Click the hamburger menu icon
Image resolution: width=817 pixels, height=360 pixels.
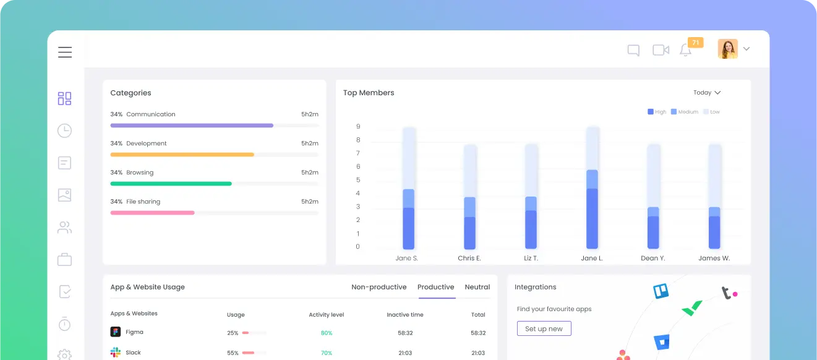[x=65, y=52]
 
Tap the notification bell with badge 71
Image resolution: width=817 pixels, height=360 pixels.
[x=685, y=50]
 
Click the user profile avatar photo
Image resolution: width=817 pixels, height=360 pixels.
[x=727, y=49]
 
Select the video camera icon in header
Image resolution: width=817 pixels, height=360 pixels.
[x=661, y=50]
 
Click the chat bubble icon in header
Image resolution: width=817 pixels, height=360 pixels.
[x=633, y=50]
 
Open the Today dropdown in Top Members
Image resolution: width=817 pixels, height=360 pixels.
[x=707, y=93]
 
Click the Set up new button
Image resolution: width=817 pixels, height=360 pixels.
[x=544, y=328]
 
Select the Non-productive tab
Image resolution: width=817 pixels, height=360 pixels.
[x=379, y=287]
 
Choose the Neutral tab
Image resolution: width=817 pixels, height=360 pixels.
[x=477, y=287]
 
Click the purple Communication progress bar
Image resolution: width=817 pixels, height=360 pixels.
[x=192, y=126]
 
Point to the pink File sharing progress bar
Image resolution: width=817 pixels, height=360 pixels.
[x=152, y=213]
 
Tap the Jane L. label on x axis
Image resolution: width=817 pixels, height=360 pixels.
[x=592, y=258]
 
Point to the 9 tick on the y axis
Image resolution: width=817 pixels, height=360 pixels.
[x=358, y=127]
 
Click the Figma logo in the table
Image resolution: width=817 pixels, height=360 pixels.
[x=116, y=332]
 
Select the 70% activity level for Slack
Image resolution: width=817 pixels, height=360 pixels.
[x=326, y=353]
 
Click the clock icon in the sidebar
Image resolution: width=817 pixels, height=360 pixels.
[x=64, y=131]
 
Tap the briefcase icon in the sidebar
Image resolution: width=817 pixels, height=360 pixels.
[x=64, y=259]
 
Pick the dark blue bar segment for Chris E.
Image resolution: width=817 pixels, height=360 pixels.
[x=469, y=233]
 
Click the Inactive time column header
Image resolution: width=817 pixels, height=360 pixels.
[x=405, y=315]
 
